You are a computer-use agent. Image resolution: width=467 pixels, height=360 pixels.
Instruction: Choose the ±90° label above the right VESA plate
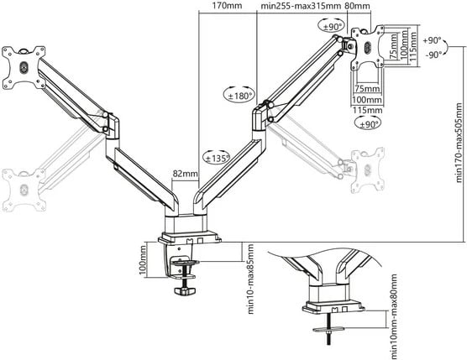point(333,26)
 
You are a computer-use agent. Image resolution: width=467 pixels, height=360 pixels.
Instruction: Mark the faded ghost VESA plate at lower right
point(367,165)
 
